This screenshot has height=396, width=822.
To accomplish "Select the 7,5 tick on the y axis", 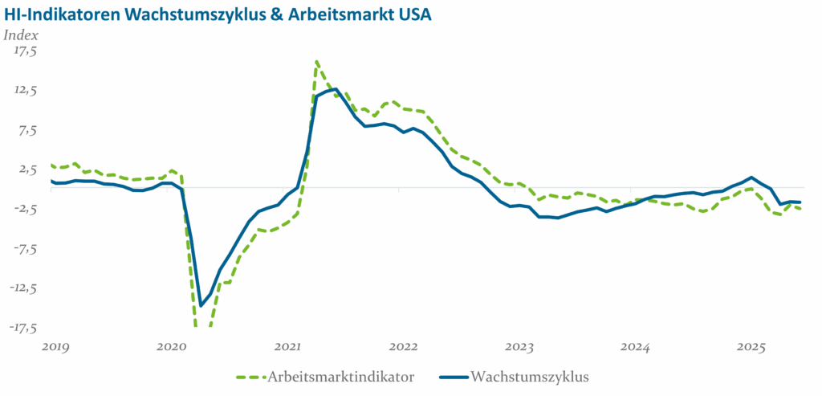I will [27, 129].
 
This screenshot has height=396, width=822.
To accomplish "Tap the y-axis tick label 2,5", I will [27, 169].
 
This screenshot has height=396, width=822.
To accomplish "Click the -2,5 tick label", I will [24, 208].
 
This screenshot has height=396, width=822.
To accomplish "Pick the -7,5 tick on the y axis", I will [24, 248].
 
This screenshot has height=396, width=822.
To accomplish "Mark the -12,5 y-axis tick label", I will [22, 288].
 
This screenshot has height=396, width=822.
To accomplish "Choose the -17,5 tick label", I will [22, 327].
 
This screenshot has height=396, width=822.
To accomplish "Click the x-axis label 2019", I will [55, 347].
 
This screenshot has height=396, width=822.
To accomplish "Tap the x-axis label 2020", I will [171, 347].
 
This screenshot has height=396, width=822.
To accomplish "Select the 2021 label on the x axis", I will [287, 347].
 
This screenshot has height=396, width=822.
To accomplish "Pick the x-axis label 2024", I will [636, 347].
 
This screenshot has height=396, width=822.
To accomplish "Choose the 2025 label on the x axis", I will [752, 347].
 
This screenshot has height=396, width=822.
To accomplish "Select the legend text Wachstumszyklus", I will [531, 377].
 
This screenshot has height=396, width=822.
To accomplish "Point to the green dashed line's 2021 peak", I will [317, 61].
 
